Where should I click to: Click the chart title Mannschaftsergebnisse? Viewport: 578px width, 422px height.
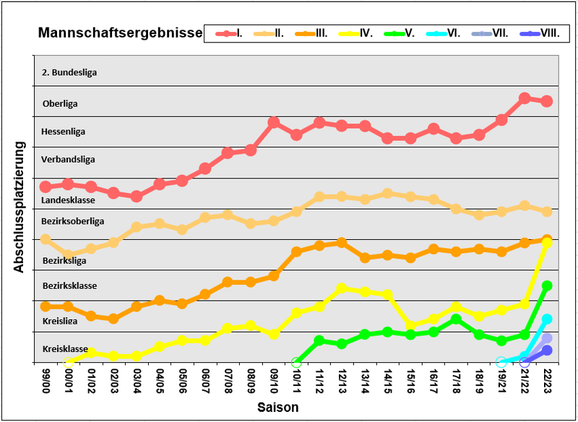[x=120, y=33]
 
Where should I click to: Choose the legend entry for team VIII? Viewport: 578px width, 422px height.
[x=540, y=33]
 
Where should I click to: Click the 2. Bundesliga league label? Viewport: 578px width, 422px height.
[x=70, y=72]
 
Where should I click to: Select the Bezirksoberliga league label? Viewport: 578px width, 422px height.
[x=73, y=220]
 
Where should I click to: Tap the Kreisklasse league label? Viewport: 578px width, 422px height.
[x=65, y=349]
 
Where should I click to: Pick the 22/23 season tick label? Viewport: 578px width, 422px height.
[x=547, y=380]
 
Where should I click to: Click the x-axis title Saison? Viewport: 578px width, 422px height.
[x=278, y=408]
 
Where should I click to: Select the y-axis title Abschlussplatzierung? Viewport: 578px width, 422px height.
[x=20, y=206]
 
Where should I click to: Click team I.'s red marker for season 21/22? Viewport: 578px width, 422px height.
[x=525, y=98]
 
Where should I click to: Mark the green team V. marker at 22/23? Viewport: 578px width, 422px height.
[x=547, y=286]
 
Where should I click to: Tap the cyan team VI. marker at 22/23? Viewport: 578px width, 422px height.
[x=547, y=319]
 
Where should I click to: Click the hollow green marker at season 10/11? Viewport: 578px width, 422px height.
[x=296, y=362]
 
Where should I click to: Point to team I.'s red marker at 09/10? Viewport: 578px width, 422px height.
[x=274, y=123]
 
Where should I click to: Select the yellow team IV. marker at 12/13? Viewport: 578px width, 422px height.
[x=342, y=288]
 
